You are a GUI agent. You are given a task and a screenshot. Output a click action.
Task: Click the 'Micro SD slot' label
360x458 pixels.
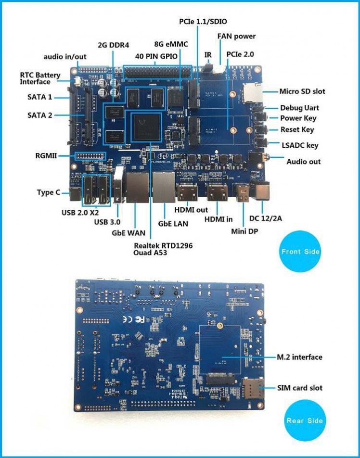(x=302, y=91)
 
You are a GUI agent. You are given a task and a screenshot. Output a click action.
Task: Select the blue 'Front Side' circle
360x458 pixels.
(x=301, y=252)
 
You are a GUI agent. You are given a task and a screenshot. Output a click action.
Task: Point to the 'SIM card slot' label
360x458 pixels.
(x=300, y=388)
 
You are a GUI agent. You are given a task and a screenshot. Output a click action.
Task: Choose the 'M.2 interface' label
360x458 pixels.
(x=299, y=357)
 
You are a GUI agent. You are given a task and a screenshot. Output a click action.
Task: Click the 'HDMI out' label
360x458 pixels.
(x=192, y=209)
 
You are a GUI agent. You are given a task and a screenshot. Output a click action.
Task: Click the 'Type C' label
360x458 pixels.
(x=49, y=192)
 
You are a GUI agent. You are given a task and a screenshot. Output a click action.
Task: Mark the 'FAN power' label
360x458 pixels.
(x=236, y=36)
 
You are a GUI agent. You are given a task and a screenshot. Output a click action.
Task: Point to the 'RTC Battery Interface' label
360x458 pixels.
(x=40, y=78)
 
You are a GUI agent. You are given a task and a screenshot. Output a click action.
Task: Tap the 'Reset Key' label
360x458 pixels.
(x=297, y=129)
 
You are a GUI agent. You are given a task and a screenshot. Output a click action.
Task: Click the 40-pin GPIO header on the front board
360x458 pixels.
(x=157, y=72)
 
